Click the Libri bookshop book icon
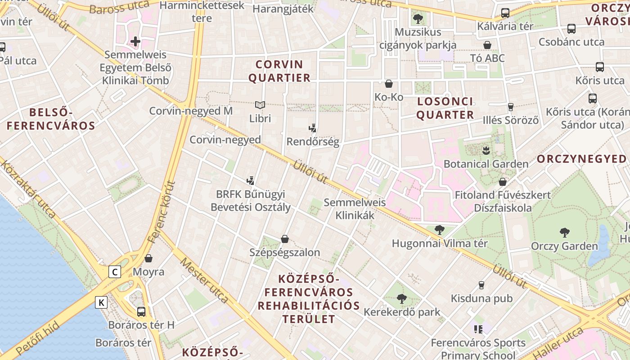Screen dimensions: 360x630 click(x=260, y=105)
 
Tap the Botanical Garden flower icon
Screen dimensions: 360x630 click(x=486, y=150)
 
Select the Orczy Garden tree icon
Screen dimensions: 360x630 click(x=564, y=232)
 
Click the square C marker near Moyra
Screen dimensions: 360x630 click(x=115, y=272)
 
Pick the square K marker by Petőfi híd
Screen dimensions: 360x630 click(x=102, y=302)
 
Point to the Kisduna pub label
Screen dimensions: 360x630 click(x=481, y=298)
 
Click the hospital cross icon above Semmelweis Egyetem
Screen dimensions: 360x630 click(x=135, y=41)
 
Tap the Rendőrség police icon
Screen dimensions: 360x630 click(x=313, y=128)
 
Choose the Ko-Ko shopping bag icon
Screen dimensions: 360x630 click(x=389, y=84)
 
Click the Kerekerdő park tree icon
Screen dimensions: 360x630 click(x=402, y=298)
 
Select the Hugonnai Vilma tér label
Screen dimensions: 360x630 click(x=440, y=243)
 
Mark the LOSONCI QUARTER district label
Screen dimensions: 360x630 click(x=445, y=108)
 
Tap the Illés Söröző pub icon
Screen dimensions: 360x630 click(x=510, y=107)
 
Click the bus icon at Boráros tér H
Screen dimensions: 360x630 click(x=141, y=311)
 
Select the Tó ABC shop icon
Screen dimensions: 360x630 click(x=487, y=45)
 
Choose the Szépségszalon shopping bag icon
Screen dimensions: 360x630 click(x=284, y=238)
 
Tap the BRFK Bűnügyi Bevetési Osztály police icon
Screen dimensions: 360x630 click(x=251, y=181)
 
